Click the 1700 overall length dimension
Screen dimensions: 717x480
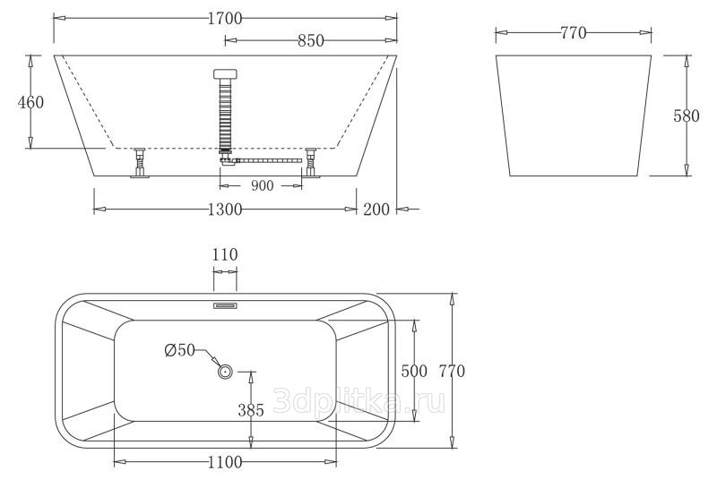(225, 18)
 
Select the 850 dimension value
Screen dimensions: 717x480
(311, 40)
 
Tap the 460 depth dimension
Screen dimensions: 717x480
(30, 102)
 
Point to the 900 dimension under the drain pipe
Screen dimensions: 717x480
(262, 185)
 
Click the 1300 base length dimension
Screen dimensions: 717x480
(225, 210)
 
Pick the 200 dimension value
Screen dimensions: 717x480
(376, 210)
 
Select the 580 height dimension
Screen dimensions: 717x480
(687, 116)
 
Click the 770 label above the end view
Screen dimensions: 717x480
(574, 33)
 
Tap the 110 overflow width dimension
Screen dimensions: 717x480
(225, 254)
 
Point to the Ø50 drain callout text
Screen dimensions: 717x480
(180, 350)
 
